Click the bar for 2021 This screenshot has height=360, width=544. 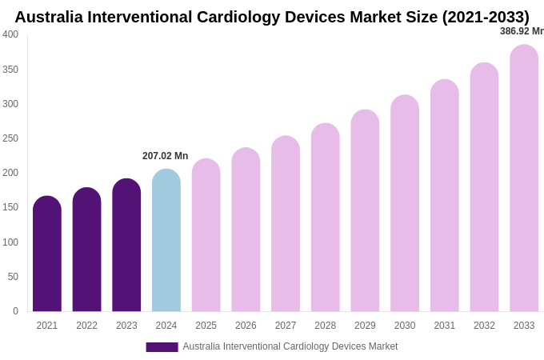click(x=47, y=254)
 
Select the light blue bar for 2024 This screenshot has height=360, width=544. click(x=166, y=241)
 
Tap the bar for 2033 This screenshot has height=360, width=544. click(x=524, y=178)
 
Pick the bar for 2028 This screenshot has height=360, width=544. click(x=326, y=218)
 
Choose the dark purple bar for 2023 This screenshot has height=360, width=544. click(x=126, y=246)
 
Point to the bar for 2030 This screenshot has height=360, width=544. click(x=405, y=204)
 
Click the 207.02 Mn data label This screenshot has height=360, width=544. click(x=166, y=156)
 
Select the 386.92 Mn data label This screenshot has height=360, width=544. click(x=521, y=31)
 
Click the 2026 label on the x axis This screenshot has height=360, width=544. click(x=246, y=326)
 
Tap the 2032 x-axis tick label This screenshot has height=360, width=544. click(x=484, y=326)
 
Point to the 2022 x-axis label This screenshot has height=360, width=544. click(x=86, y=326)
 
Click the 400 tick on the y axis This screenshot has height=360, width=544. click(x=10, y=34)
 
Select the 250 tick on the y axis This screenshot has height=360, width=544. click(x=10, y=138)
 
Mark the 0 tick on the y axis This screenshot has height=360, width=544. click(x=15, y=311)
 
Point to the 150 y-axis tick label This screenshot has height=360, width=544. click(x=10, y=207)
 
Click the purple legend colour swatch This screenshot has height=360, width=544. click(x=162, y=347)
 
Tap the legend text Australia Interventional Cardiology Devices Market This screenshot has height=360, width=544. click(x=290, y=346)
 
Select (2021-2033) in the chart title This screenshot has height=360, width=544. click(x=486, y=17)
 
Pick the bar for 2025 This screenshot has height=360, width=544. click(x=206, y=235)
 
